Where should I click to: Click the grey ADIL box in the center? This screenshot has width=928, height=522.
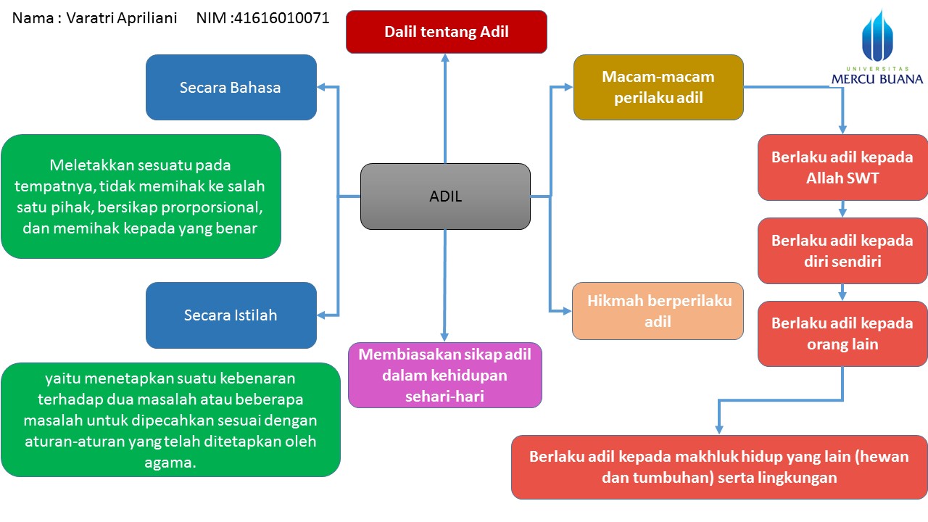(x=445, y=196)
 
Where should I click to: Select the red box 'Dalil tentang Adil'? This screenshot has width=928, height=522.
(x=446, y=32)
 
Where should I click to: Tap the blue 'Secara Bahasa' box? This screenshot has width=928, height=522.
(x=231, y=87)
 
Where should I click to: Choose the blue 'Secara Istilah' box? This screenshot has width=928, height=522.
(x=231, y=315)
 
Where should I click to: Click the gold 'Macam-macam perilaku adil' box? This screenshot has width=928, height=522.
(x=658, y=87)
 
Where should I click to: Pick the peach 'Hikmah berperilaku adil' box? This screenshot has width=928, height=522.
(x=658, y=311)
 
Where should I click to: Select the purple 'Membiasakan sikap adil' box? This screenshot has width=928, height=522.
(x=444, y=375)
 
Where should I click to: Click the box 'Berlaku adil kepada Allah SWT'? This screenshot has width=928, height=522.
(x=842, y=167)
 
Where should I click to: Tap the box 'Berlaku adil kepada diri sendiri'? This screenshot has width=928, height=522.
(x=842, y=250)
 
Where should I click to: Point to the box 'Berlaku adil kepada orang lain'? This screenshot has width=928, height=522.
(x=842, y=333)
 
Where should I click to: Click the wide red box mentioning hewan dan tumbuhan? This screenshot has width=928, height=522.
(x=718, y=467)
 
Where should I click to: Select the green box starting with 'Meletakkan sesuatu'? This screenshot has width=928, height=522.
(x=141, y=196)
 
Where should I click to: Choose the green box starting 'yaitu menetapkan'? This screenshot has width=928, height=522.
(x=170, y=420)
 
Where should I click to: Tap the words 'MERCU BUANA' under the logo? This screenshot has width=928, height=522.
(x=877, y=79)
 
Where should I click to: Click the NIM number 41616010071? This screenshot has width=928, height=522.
(x=281, y=18)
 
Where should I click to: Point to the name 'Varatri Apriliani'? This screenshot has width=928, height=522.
(x=122, y=18)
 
